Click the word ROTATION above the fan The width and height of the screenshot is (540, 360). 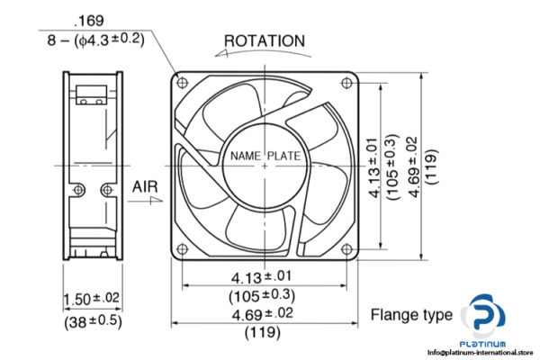[264, 40]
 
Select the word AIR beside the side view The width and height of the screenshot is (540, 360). [147, 186]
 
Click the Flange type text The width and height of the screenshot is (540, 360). [411, 315]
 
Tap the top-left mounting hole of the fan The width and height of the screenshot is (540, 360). [184, 83]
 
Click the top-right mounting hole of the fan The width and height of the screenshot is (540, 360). [346, 83]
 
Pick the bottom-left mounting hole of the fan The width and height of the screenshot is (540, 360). [184, 247]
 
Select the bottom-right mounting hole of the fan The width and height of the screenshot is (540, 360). [346, 247]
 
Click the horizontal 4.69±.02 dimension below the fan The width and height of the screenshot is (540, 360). [265, 315]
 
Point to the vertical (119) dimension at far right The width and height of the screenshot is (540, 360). [432, 165]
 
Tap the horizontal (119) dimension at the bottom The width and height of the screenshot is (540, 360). [265, 333]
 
